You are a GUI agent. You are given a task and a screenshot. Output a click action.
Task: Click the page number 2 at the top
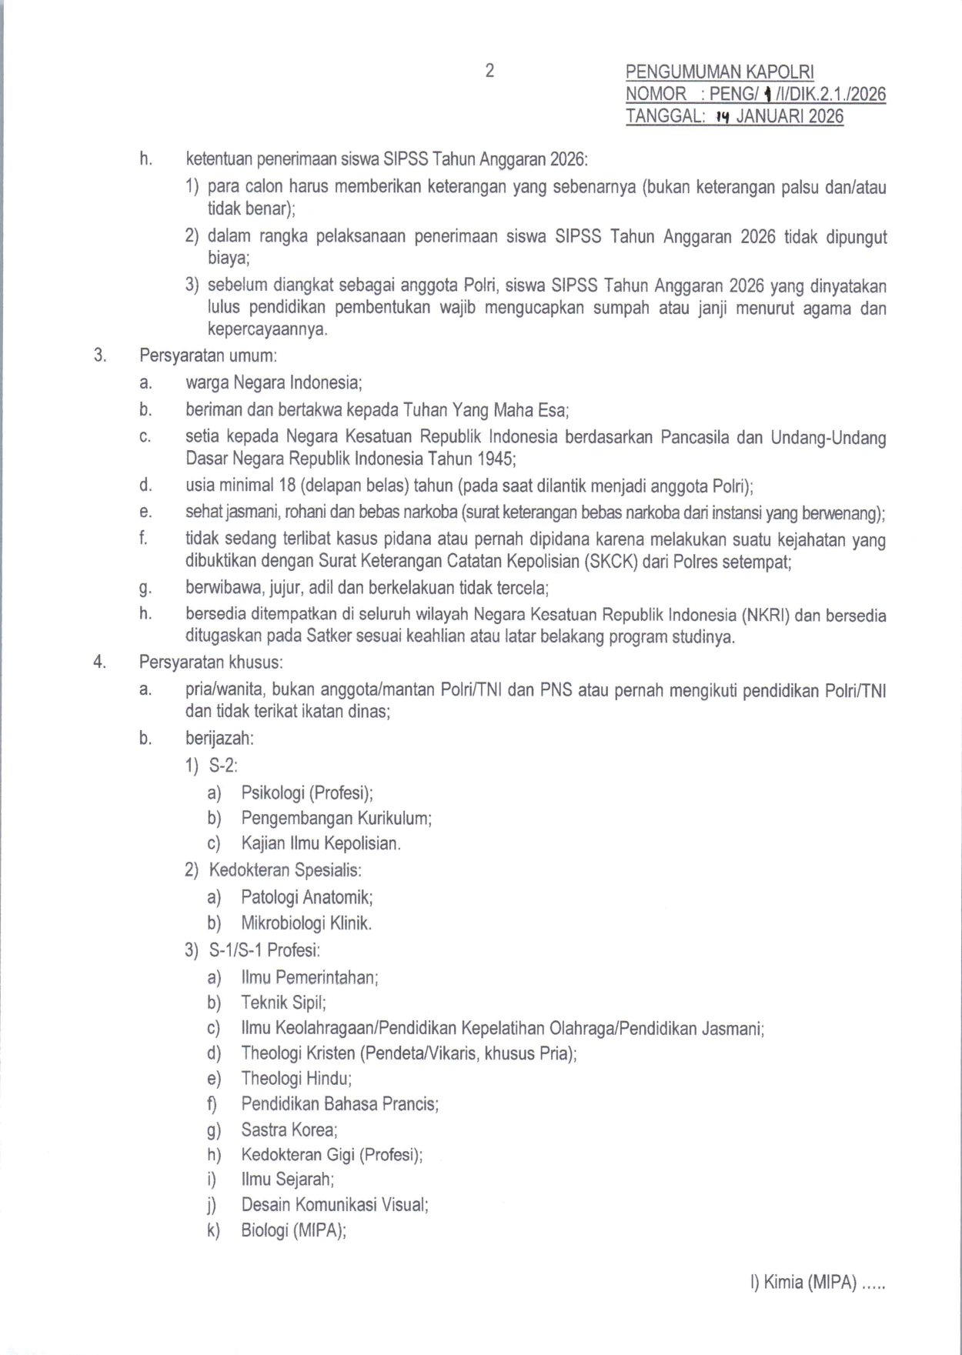(489, 71)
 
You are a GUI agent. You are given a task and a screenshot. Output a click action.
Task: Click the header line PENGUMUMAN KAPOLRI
(720, 72)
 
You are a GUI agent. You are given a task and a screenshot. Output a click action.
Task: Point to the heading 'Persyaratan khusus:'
(211, 662)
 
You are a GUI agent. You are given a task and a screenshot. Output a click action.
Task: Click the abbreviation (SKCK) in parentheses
(611, 562)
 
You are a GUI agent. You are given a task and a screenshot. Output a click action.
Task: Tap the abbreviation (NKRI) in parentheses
(766, 616)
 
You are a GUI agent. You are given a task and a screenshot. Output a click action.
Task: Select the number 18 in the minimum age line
(289, 486)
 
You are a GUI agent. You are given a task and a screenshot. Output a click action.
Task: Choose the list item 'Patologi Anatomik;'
(307, 897)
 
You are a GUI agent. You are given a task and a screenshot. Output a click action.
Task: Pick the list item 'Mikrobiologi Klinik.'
(306, 923)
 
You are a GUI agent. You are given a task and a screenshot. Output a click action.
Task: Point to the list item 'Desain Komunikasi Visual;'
(335, 1205)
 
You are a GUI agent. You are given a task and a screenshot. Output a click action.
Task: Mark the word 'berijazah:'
(219, 738)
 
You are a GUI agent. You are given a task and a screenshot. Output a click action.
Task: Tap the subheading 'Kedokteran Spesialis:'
(286, 870)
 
